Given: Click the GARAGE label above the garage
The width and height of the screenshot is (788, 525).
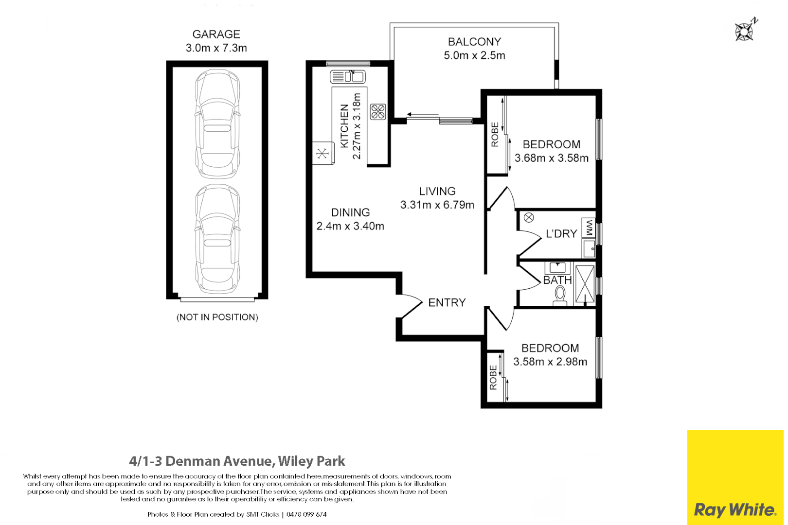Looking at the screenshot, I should [216, 35].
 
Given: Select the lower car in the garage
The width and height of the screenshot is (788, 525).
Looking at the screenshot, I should [217, 240].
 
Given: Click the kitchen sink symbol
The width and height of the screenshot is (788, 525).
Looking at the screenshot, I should [347, 76].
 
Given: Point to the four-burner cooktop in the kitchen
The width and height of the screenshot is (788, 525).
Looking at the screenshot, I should [378, 112].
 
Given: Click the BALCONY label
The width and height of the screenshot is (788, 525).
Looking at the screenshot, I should [474, 42].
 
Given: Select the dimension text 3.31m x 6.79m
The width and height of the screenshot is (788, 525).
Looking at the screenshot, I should [437, 205].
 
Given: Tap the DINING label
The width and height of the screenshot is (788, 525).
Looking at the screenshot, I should [350, 212].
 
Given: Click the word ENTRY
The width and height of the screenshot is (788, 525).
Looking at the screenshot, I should [447, 303].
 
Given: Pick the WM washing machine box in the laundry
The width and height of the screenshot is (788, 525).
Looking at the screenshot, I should [589, 227].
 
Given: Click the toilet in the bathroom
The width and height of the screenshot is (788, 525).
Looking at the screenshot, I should [560, 295].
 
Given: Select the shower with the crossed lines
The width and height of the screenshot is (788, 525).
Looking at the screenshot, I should [585, 284].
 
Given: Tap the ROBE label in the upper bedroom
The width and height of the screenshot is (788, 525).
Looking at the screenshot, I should [495, 135].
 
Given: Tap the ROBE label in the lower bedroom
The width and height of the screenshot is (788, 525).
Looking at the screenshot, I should [493, 378].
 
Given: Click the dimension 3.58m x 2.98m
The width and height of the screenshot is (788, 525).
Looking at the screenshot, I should [550, 362].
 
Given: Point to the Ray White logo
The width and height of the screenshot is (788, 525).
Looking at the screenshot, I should [734, 509].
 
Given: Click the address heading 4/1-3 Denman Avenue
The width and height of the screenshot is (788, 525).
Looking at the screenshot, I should [237, 461].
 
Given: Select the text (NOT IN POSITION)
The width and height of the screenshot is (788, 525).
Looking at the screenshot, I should [217, 317].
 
